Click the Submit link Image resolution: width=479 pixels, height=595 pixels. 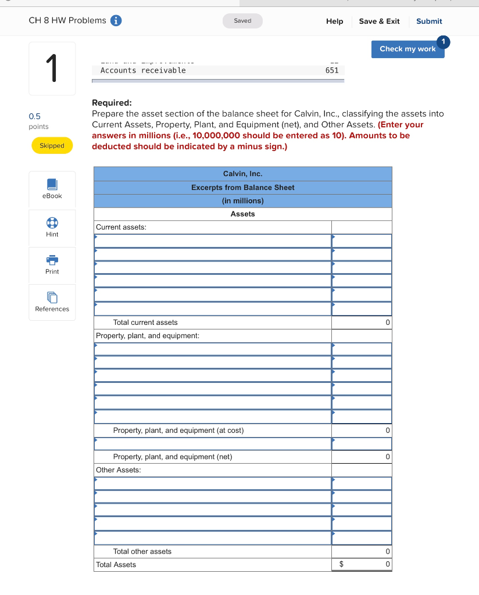429,21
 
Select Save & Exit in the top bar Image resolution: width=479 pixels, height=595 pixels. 379,21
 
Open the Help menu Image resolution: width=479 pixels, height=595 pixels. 334,21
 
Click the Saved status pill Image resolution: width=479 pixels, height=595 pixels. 242,21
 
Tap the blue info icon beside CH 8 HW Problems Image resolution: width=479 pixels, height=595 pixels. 116,21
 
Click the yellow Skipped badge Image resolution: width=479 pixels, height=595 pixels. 52,146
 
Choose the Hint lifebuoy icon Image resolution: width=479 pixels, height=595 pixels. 52,223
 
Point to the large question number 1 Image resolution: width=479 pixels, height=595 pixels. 52,69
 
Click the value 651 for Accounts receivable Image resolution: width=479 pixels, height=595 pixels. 332,70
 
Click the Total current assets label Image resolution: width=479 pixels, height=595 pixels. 145,322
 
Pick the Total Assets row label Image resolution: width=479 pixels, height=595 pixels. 116,565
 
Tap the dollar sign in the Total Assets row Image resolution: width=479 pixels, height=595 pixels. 342,564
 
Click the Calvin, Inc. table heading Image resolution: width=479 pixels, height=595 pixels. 242,174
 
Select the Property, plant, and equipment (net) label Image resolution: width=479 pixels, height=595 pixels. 172,457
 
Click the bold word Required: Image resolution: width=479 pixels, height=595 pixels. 112,103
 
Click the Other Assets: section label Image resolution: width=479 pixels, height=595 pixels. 119,470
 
